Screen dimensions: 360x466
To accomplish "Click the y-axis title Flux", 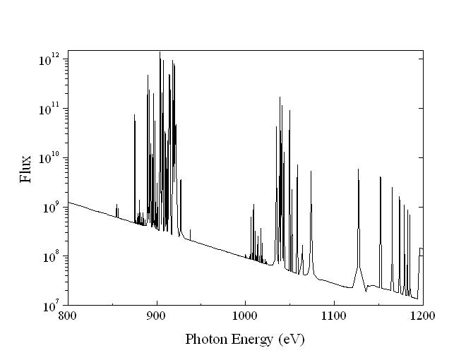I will pyautogui.click(x=26, y=169).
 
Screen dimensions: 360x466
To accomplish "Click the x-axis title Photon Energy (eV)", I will pyautogui.click(x=244, y=339).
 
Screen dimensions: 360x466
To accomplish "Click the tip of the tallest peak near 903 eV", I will pyautogui.click(x=160, y=52).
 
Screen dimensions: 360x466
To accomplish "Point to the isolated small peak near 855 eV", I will pyautogui.click(x=116, y=205).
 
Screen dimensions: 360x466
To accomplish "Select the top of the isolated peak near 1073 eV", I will pyautogui.click(x=311, y=171).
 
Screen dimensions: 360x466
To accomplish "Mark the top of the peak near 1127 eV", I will pyautogui.click(x=358, y=169).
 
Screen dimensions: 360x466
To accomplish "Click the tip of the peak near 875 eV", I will pyautogui.click(x=134, y=114).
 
